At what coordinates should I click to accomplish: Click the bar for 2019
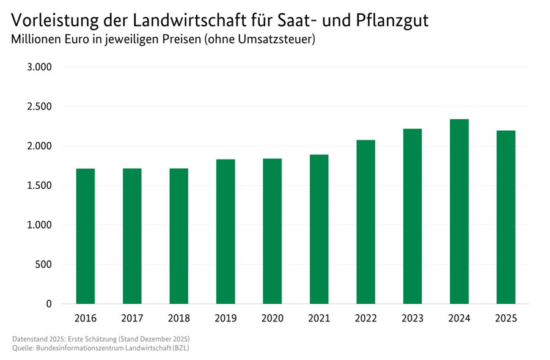tap(226, 232)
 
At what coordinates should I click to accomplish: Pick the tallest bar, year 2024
tap(459, 211)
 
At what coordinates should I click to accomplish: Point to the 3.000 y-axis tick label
tap(40, 67)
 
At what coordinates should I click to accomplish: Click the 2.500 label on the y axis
tap(40, 106)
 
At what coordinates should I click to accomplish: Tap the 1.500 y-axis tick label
tap(40, 185)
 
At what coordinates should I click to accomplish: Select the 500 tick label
tap(45, 264)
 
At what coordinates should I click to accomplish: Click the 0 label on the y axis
tap(50, 304)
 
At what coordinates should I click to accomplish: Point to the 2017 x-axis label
tap(132, 318)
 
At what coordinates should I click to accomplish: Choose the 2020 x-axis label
tap(272, 318)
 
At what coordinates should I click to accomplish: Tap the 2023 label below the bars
tap(413, 318)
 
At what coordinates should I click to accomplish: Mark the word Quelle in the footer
tap(23, 348)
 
